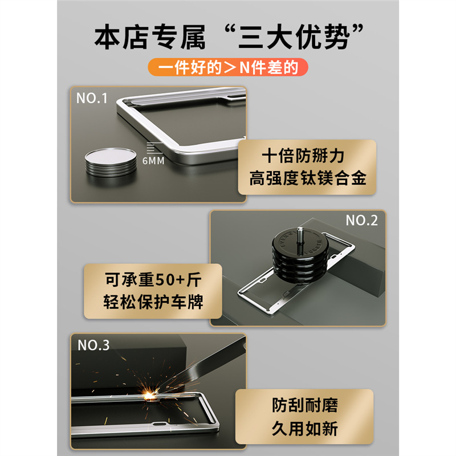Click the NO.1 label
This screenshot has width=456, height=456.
[92, 98]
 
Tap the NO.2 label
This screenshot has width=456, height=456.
[361, 221]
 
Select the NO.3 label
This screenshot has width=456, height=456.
[93, 345]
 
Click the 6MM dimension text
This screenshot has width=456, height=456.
[153, 161]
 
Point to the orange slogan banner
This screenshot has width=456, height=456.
[227, 67]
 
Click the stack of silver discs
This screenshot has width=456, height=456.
[111, 162]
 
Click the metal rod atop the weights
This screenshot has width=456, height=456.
[300, 239]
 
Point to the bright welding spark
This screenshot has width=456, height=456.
[150, 395]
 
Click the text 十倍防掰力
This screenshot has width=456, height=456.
[303, 156]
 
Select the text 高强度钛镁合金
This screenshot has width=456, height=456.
[307, 178]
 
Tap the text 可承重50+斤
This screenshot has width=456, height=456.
[153, 279]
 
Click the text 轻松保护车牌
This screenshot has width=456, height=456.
[153, 302]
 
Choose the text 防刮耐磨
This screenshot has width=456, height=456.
[305, 405]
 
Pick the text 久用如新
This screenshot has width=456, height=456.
[305, 429]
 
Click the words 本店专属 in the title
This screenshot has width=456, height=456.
[150, 37]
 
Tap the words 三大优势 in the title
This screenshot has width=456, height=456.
[294, 37]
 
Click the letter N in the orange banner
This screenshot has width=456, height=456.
[245, 67]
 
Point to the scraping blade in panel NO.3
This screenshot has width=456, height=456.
[203, 363]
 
